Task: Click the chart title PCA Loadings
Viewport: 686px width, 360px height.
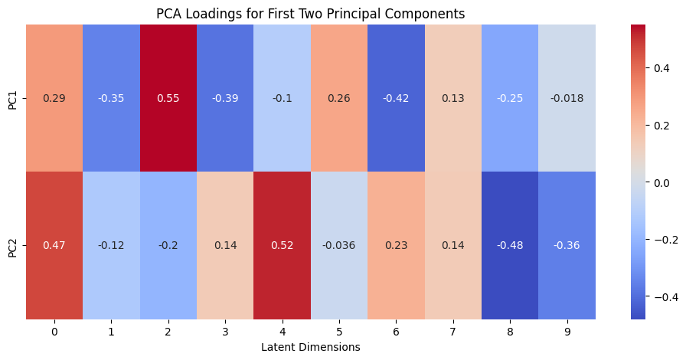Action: point(310,14)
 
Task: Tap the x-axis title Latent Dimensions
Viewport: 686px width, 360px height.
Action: point(311,347)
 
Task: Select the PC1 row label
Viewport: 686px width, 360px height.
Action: point(13,98)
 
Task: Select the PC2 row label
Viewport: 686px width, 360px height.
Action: point(13,245)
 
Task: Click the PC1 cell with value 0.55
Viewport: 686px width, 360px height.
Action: point(168,98)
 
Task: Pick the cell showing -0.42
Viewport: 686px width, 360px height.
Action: point(396,98)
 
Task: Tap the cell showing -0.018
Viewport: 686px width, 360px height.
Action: point(567,98)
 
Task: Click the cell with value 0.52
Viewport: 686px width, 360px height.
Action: point(283,245)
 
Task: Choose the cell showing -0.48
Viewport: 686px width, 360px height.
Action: point(510,245)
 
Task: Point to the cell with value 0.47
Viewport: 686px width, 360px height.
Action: point(54,245)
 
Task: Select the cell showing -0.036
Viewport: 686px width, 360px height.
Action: point(339,245)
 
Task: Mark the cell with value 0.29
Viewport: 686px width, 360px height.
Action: point(54,98)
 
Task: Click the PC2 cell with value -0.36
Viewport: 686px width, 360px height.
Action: point(567,245)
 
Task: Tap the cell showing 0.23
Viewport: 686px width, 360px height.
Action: point(396,245)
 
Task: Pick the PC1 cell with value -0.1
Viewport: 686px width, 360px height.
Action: point(283,98)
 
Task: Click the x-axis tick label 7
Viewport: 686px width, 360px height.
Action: point(452,332)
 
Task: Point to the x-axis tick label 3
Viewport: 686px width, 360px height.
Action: point(225,332)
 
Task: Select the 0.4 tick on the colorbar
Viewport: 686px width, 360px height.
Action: point(661,68)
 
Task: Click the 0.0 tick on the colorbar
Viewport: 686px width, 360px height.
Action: point(661,182)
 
